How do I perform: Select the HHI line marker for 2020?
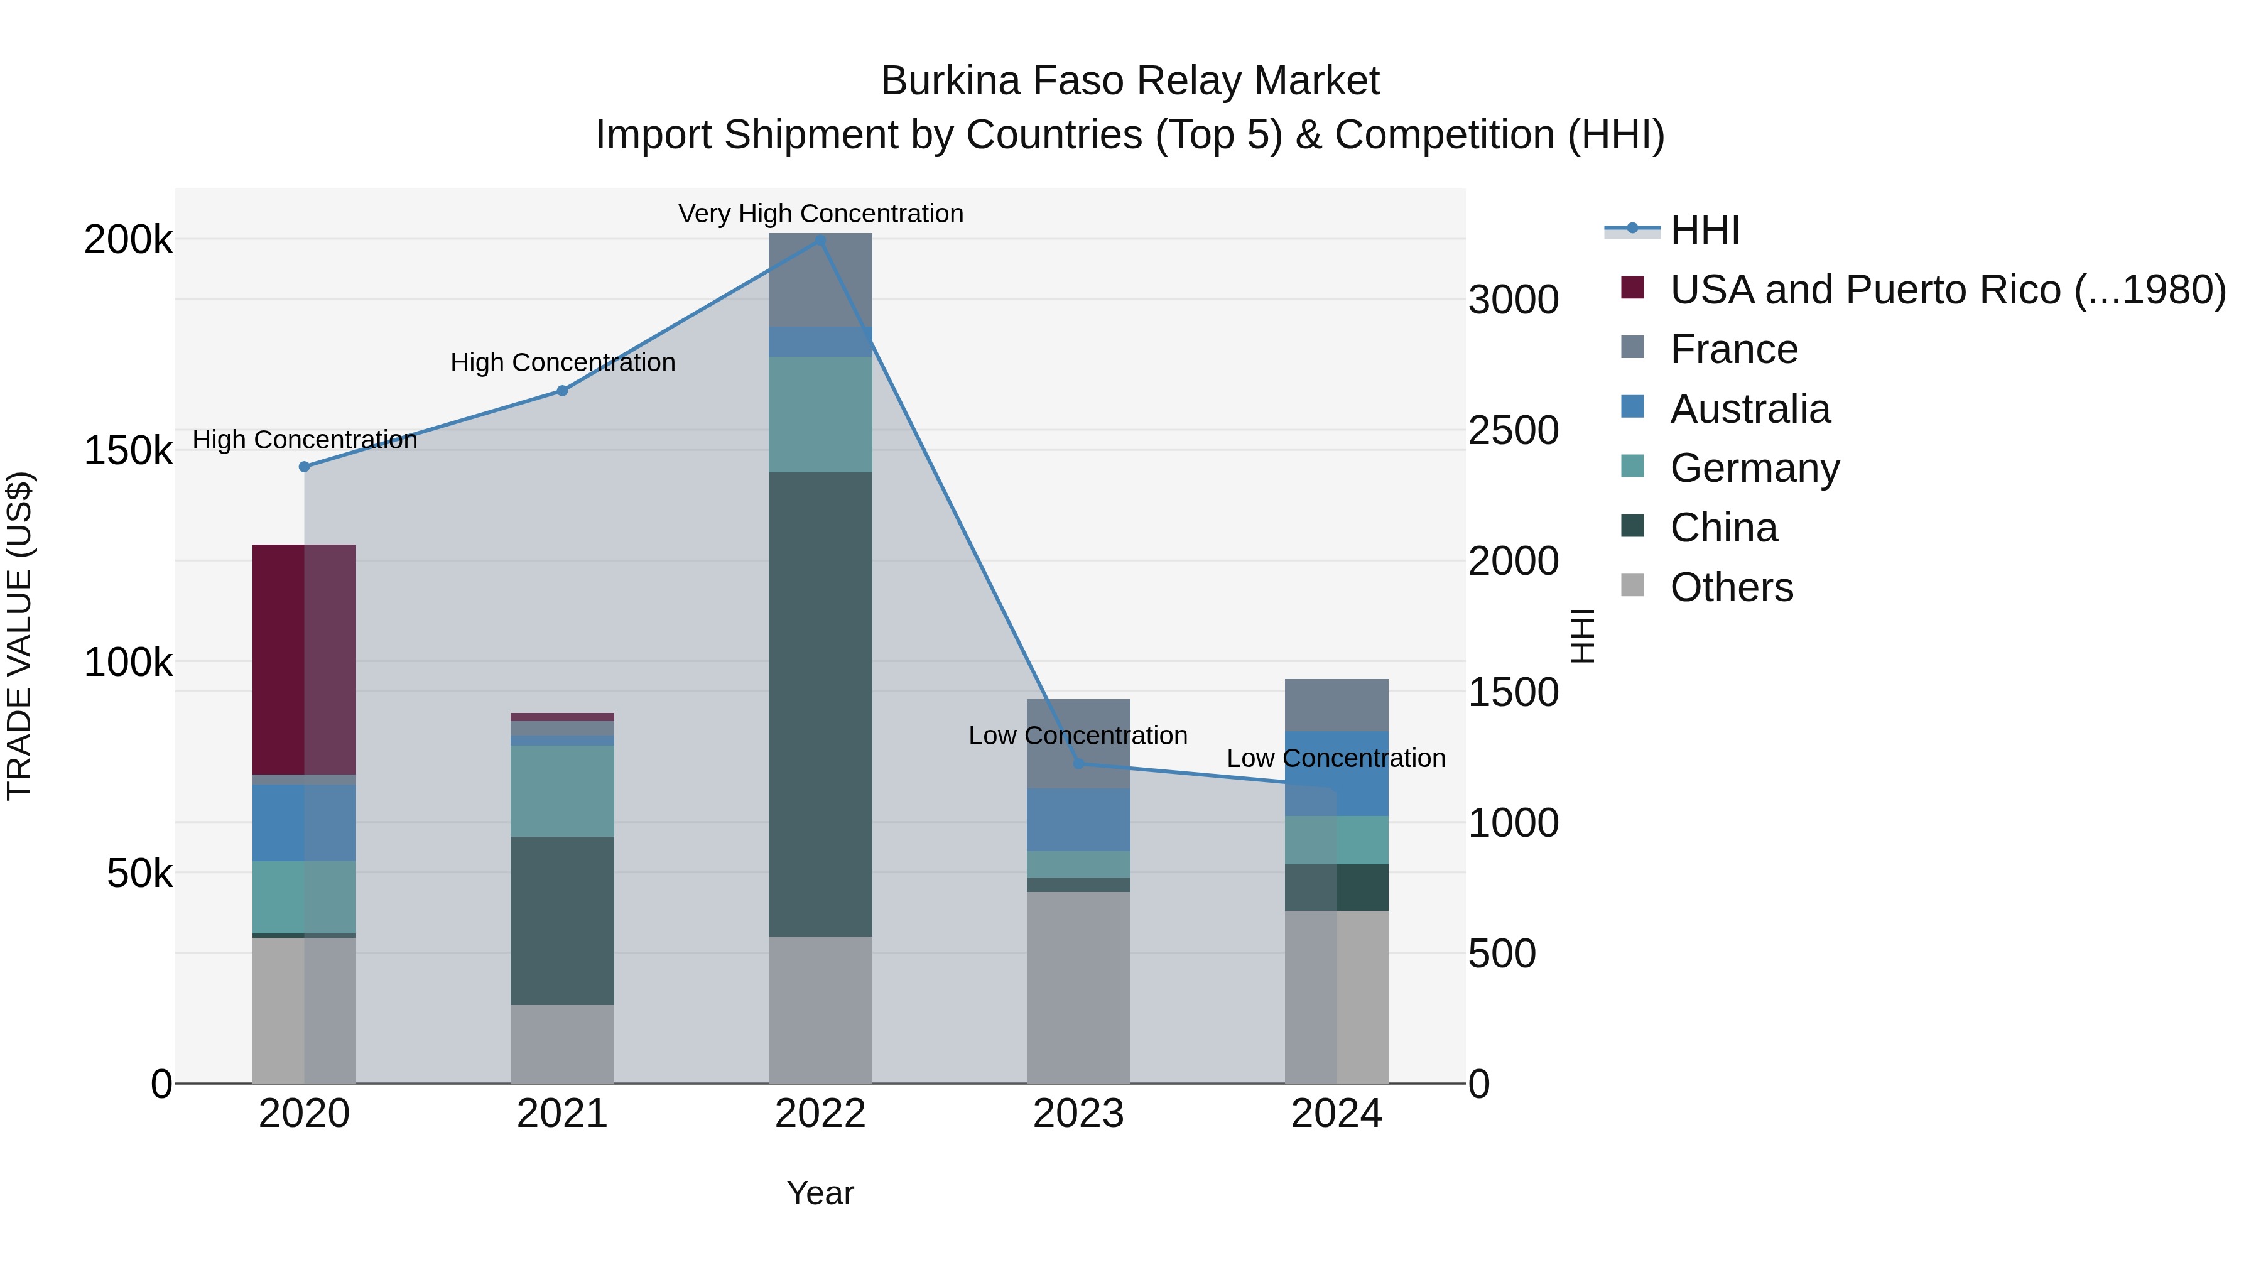click(305, 467)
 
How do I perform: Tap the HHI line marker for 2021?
click(563, 391)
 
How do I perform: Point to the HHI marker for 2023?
click(1079, 764)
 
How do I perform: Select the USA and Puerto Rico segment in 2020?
click(304, 658)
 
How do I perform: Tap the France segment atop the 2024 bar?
click(1336, 705)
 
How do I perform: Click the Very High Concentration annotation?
click(821, 214)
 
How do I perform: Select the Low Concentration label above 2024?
click(1335, 758)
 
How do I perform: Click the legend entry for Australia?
click(1749, 409)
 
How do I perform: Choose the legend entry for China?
click(1723, 528)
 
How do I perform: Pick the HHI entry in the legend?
click(1704, 230)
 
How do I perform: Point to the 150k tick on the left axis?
click(128, 451)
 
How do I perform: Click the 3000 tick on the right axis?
click(1513, 300)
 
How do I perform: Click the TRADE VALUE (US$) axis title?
click(19, 636)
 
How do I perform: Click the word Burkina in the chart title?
click(951, 81)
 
